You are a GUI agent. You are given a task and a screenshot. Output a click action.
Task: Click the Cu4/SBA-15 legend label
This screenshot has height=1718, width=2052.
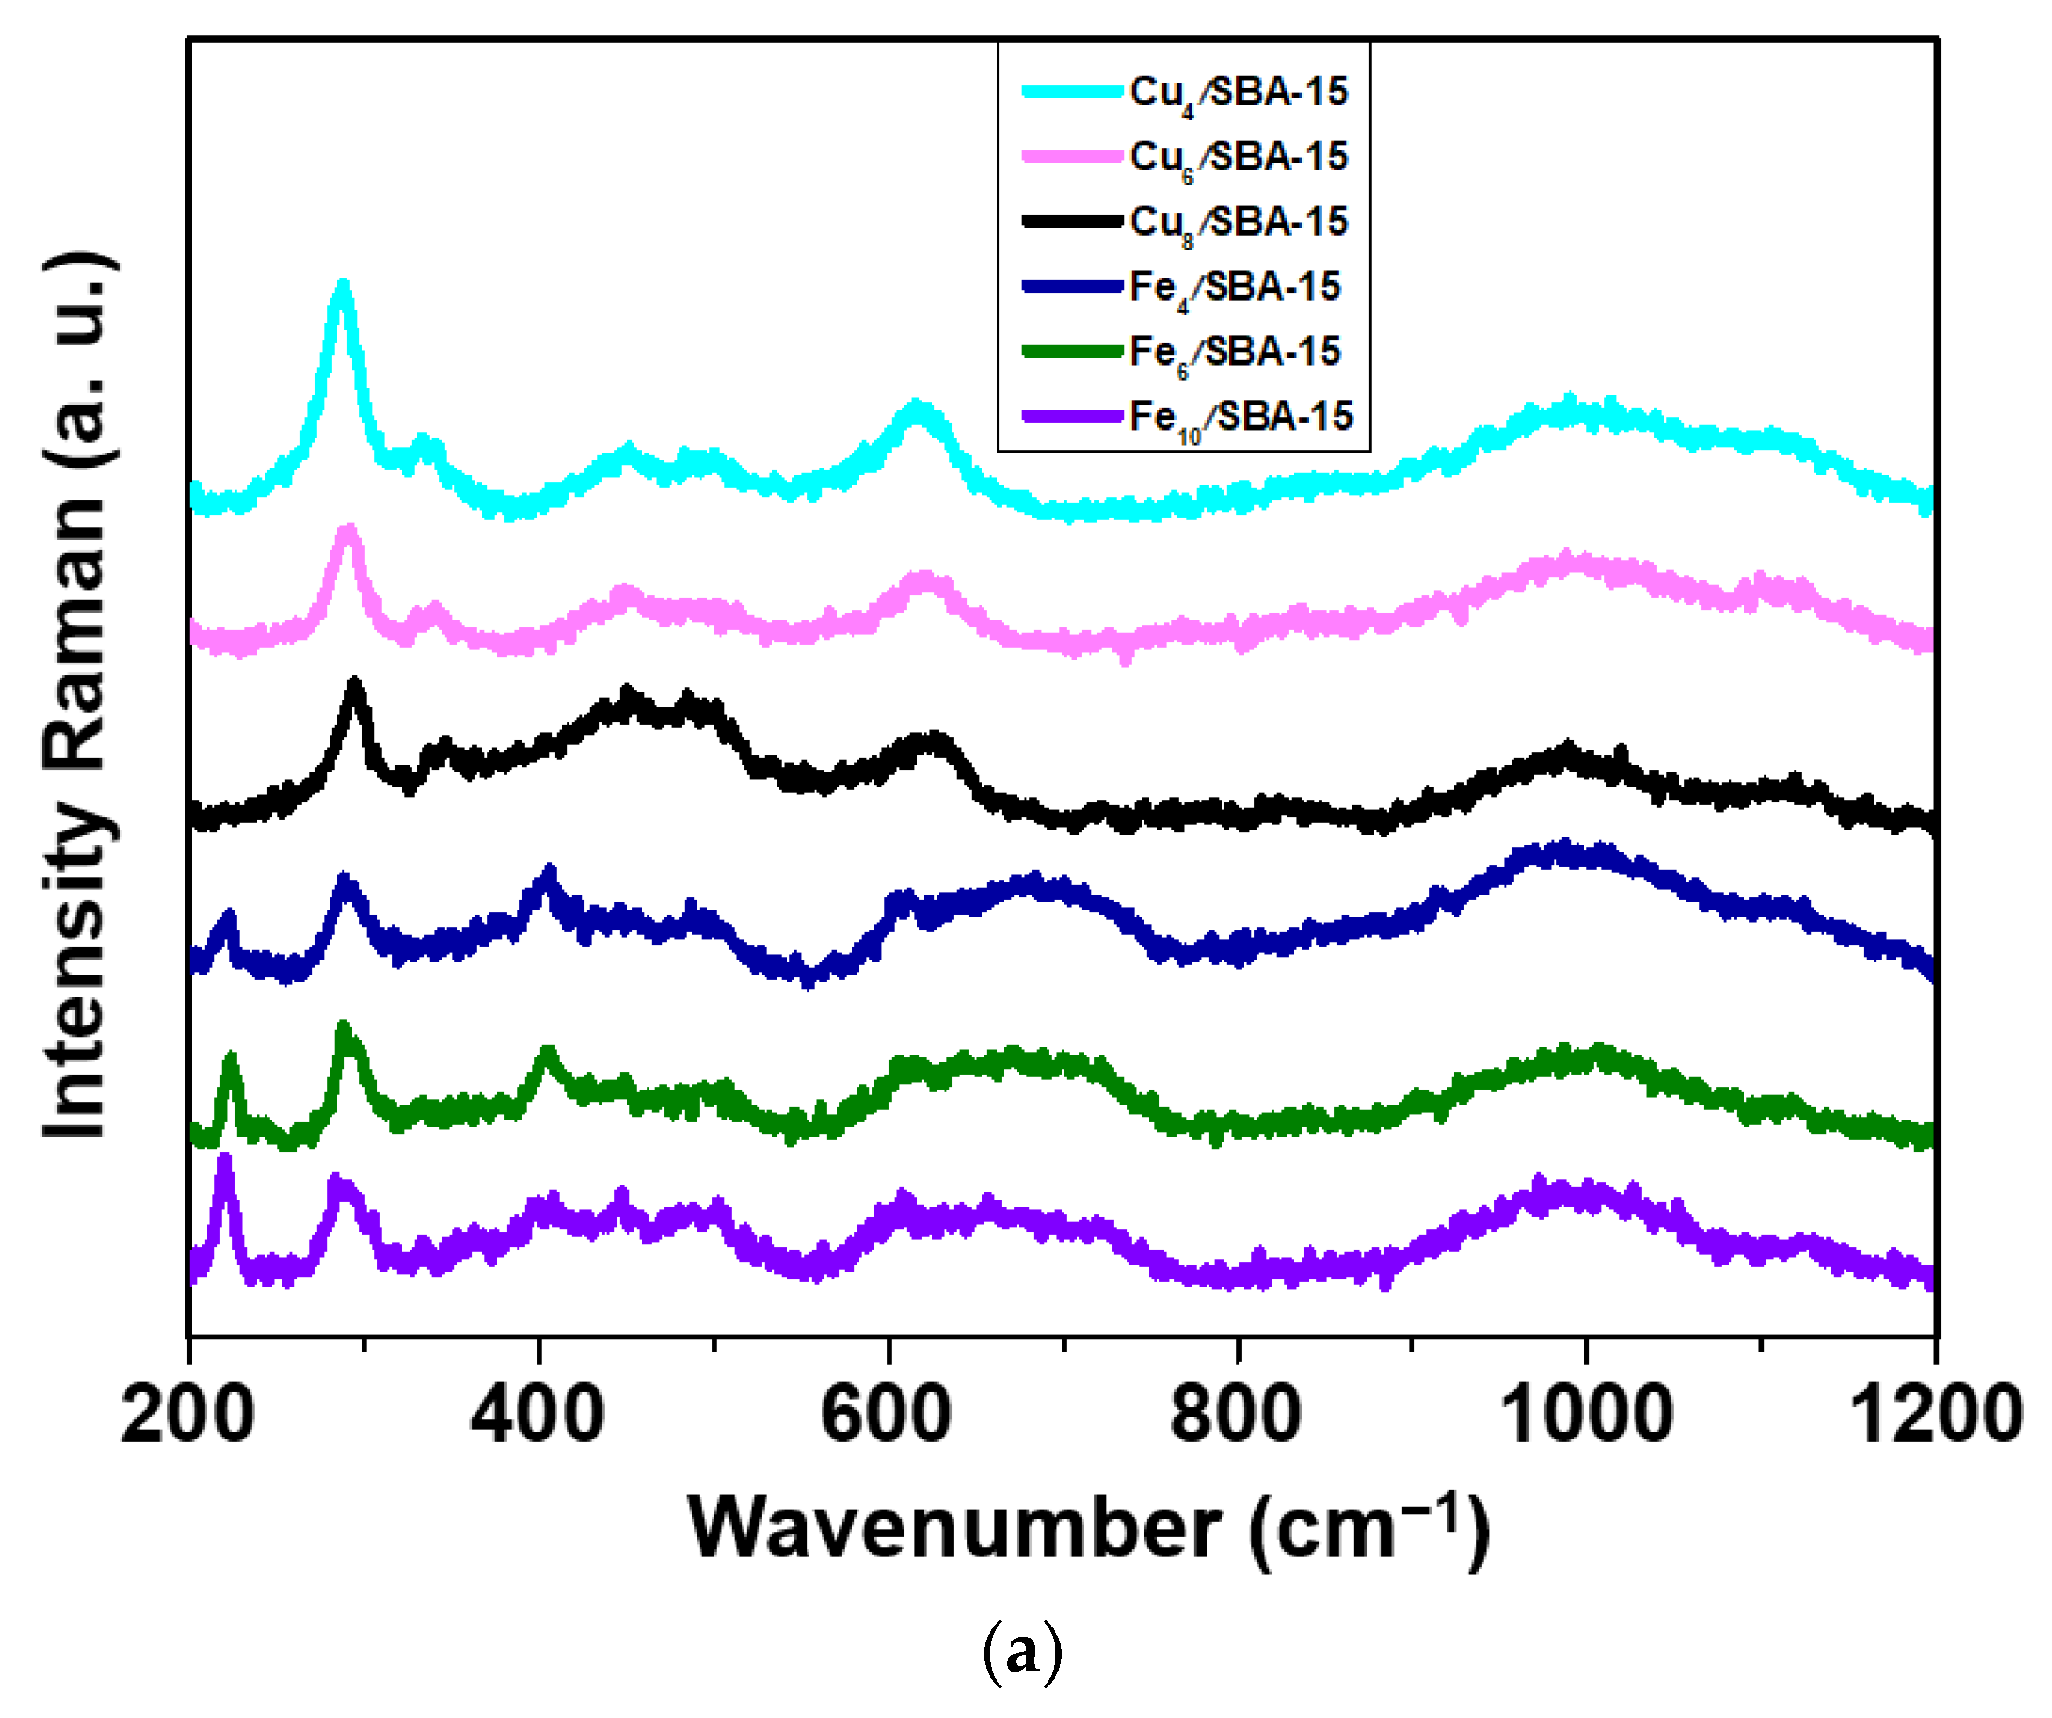[1239, 92]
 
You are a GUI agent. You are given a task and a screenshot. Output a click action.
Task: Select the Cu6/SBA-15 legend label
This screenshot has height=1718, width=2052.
[1239, 156]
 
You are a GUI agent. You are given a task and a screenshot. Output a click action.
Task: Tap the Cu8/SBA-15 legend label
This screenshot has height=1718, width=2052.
[1239, 221]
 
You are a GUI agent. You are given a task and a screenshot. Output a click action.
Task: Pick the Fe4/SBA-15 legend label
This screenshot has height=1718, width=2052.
[1235, 287]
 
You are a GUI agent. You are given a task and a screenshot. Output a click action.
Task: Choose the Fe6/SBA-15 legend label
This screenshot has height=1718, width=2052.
[1235, 352]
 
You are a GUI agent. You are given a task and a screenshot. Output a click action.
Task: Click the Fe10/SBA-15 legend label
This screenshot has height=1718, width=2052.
[1241, 417]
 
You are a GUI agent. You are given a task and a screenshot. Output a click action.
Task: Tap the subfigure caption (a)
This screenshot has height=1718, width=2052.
[1021, 1652]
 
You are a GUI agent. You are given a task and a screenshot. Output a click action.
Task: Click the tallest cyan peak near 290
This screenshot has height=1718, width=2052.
[342, 286]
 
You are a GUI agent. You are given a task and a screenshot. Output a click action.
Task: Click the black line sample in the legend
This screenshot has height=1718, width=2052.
[1072, 221]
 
